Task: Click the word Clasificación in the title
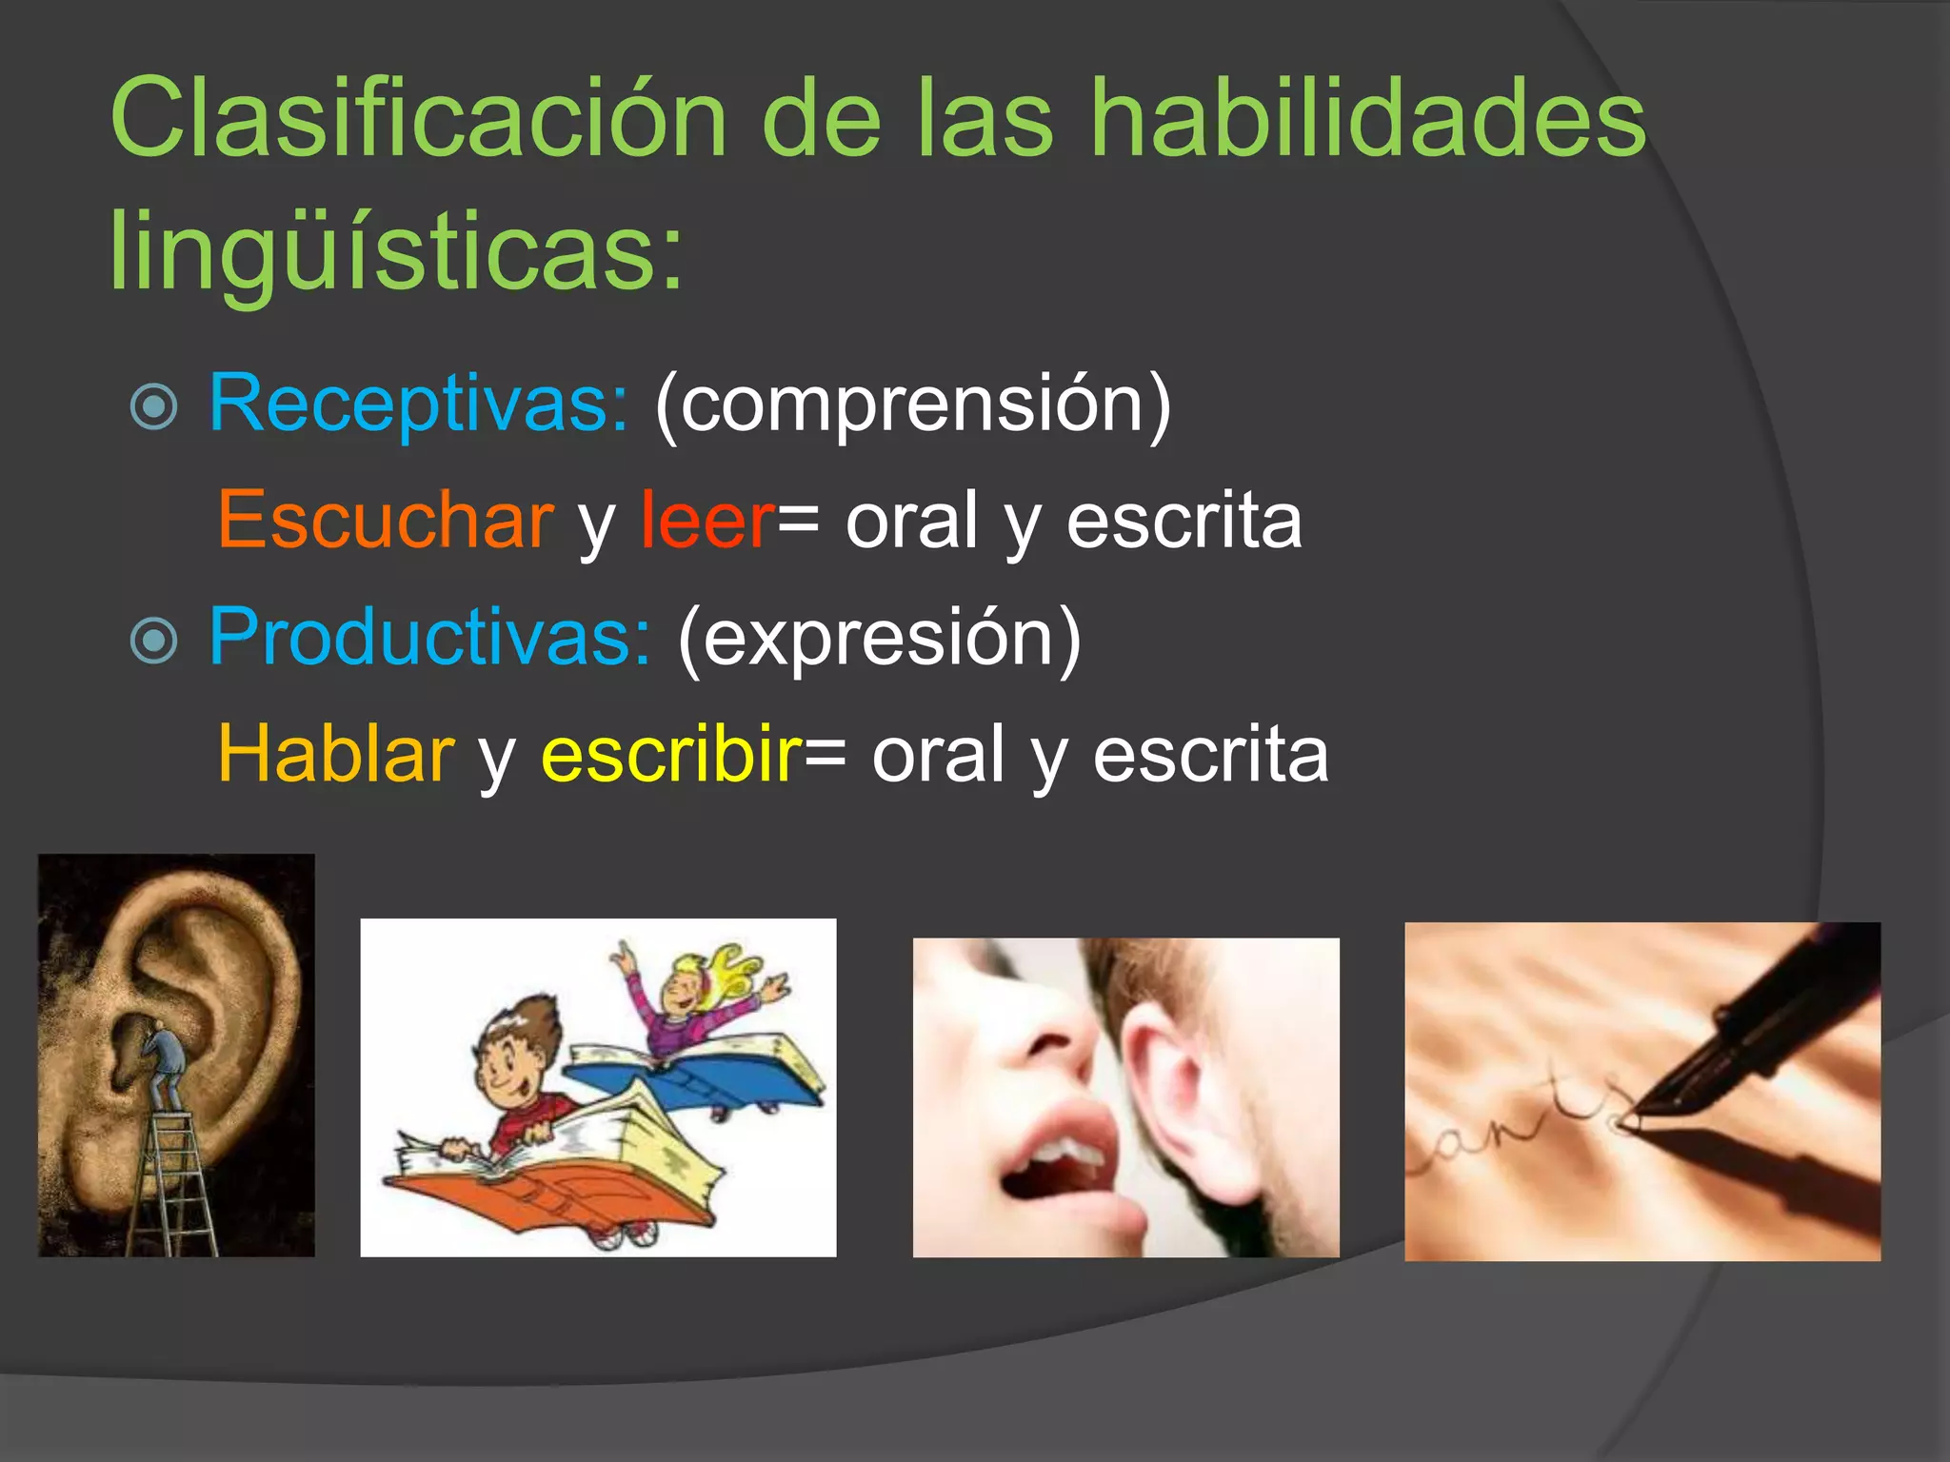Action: [419, 119]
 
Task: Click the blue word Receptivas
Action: [418, 404]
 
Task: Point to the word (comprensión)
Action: [912, 405]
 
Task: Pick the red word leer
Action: [707, 521]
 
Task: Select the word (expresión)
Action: [880, 639]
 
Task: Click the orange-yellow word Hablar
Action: [336, 754]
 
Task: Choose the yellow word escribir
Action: [672, 754]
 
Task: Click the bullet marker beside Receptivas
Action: [154, 407]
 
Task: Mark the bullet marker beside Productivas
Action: [154, 641]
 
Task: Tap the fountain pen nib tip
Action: [1630, 1123]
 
